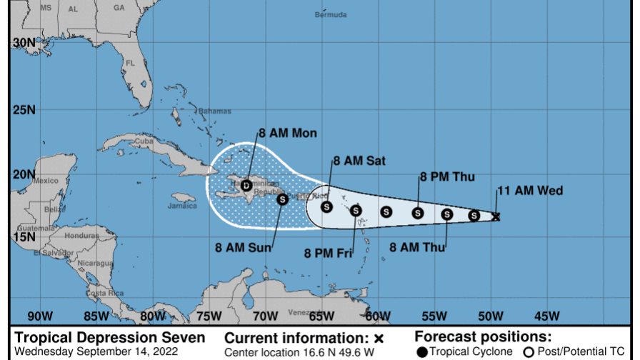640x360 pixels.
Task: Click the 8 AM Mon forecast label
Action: tap(287, 133)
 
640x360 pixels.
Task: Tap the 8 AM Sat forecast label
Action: tap(361, 161)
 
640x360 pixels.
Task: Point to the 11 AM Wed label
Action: tap(530, 190)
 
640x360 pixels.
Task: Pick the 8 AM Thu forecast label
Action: tap(418, 247)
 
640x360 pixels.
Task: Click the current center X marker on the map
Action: tap(496, 216)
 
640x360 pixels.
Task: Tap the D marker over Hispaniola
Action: tap(246, 186)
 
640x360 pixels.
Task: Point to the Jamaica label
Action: tap(183, 206)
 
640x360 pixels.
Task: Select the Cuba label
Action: tap(144, 141)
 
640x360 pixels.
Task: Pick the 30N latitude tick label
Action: tap(24, 43)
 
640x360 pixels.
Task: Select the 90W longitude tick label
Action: tap(39, 316)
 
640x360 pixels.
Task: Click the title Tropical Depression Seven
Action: tap(110, 337)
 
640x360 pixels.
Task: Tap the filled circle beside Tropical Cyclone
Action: tap(422, 351)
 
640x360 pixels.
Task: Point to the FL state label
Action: tap(131, 63)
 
